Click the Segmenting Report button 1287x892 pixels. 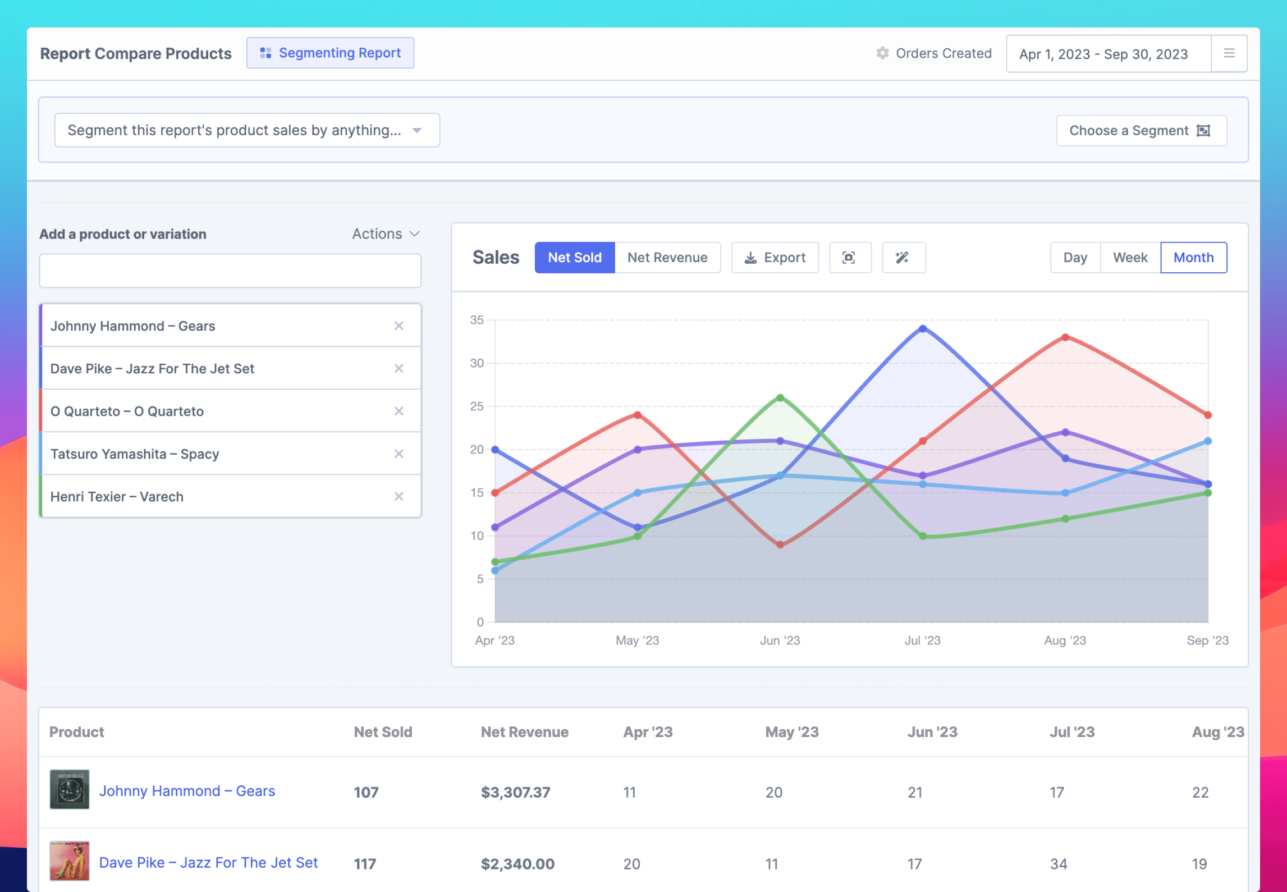click(330, 53)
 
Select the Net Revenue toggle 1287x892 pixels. click(667, 258)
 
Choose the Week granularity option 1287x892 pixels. click(1130, 258)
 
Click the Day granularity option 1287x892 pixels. click(1075, 258)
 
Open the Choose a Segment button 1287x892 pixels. click(1141, 131)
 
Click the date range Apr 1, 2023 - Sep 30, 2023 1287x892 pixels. click(1103, 54)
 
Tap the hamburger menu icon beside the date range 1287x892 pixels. click(1229, 53)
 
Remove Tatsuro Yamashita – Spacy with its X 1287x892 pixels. click(399, 454)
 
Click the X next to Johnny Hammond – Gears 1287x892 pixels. click(399, 326)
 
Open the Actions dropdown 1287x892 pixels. click(386, 234)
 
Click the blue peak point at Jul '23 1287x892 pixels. click(923, 329)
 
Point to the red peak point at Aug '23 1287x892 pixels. click(1065, 337)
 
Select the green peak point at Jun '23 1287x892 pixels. click(780, 397)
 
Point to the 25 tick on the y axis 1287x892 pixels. click(477, 406)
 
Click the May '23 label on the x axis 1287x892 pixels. click(637, 641)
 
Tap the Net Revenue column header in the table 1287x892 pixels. click(524, 732)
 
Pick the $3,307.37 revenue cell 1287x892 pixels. click(515, 792)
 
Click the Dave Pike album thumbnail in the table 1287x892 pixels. click(70, 861)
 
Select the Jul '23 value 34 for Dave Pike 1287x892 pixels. click(1058, 864)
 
